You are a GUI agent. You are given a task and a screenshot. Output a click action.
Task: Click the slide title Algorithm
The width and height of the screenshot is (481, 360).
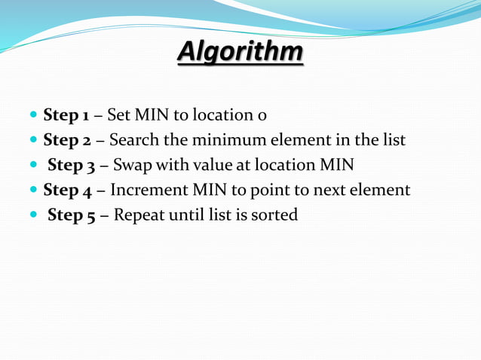tap(240, 53)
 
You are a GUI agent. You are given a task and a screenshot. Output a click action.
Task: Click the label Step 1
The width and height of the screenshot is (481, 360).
tap(66, 115)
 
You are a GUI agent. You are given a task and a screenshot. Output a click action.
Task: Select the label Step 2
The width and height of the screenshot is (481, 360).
tap(67, 140)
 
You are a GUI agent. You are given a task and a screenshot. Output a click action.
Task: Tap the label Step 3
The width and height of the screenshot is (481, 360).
tap(71, 165)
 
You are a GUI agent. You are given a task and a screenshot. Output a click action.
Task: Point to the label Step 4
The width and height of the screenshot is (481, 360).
tap(67, 190)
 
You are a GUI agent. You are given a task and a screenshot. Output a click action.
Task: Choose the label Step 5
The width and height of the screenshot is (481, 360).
tap(71, 215)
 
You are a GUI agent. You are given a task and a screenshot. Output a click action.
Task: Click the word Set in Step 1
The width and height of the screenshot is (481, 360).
tap(118, 115)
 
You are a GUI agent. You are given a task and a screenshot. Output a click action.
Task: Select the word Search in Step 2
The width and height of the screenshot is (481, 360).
tap(133, 140)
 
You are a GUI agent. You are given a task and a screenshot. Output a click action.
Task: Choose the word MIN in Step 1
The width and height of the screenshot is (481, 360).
tap(151, 115)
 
